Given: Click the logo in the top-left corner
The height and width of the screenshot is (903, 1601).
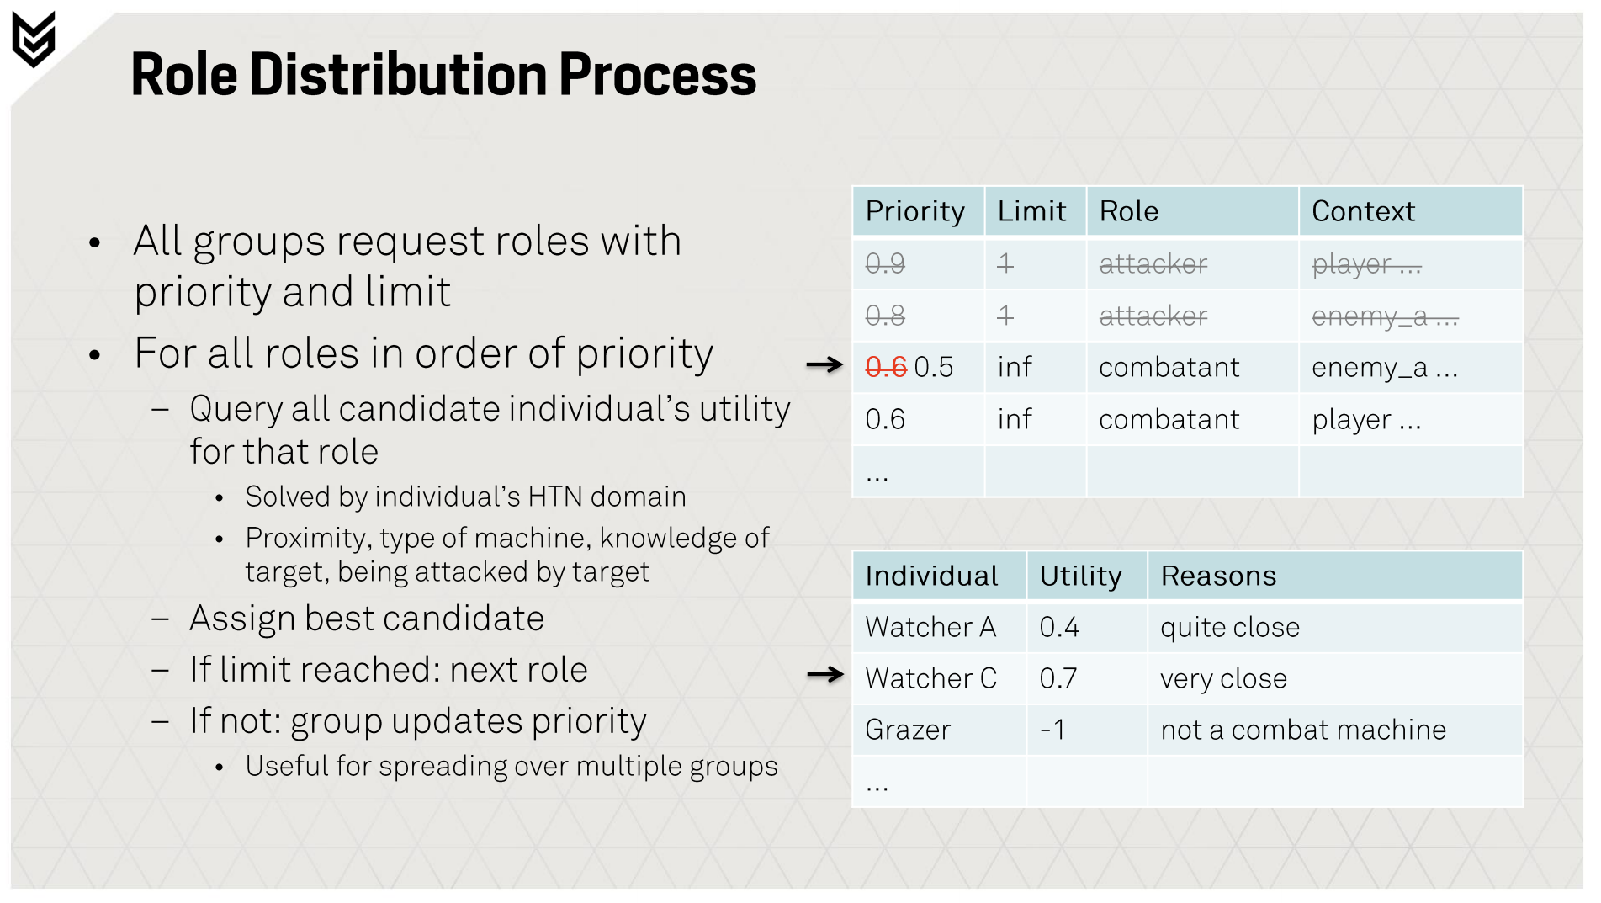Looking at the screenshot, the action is pyautogui.click(x=34, y=39).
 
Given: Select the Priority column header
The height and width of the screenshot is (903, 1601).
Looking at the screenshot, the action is pyautogui.click(x=914, y=211).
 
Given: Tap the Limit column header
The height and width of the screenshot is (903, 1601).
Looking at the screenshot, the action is pyautogui.click(x=1031, y=211).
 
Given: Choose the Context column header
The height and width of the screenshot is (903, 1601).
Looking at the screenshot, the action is pyautogui.click(x=1363, y=211).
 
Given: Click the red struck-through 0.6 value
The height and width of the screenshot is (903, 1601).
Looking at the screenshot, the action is pyautogui.click(x=886, y=367).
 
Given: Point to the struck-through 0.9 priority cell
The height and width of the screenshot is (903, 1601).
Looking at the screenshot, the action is pyautogui.click(x=885, y=263).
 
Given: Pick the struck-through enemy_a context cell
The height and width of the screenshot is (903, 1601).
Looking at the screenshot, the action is pyautogui.click(x=1385, y=316).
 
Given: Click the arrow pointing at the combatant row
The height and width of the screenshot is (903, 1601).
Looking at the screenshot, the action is pyautogui.click(x=824, y=364).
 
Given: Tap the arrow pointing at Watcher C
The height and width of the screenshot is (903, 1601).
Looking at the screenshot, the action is pyautogui.click(x=824, y=674).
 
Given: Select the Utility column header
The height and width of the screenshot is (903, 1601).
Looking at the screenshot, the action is pyautogui.click(x=1080, y=576).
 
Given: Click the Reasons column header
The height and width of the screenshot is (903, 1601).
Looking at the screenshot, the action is pyautogui.click(x=1218, y=576).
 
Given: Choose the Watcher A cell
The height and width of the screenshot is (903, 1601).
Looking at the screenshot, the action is pyautogui.click(x=930, y=627).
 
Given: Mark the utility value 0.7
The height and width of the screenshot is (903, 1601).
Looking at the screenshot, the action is pyautogui.click(x=1058, y=678).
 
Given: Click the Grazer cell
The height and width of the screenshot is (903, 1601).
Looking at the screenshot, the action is pyautogui.click(x=908, y=730).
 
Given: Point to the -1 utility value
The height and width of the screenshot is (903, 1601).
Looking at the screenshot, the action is pyautogui.click(x=1052, y=730).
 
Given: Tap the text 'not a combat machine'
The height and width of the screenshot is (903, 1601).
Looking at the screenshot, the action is pyautogui.click(x=1303, y=730).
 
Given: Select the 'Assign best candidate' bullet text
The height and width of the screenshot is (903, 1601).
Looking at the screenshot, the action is pyautogui.click(x=367, y=619).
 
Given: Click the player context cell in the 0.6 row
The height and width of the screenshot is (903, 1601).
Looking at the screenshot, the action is pyautogui.click(x=1366, y=419).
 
